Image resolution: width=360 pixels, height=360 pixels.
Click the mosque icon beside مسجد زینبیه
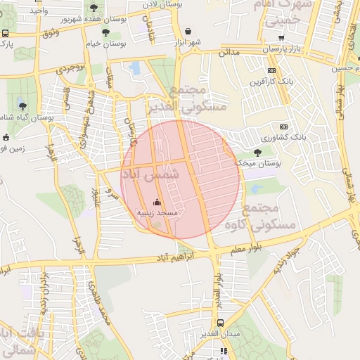156,202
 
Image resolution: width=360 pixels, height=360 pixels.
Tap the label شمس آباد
150,172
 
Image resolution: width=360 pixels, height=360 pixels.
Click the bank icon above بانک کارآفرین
273,70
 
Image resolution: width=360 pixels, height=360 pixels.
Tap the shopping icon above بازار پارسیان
281,38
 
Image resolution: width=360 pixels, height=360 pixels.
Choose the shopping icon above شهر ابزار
188,32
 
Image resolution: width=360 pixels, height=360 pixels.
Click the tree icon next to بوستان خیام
105,32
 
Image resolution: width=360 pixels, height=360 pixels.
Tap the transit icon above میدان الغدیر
220,323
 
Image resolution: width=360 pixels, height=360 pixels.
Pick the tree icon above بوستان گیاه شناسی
23,105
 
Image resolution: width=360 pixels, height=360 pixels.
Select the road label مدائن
229,53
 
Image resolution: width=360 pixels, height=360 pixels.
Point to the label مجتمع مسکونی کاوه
260,217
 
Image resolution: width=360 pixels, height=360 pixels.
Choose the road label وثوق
50,34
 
